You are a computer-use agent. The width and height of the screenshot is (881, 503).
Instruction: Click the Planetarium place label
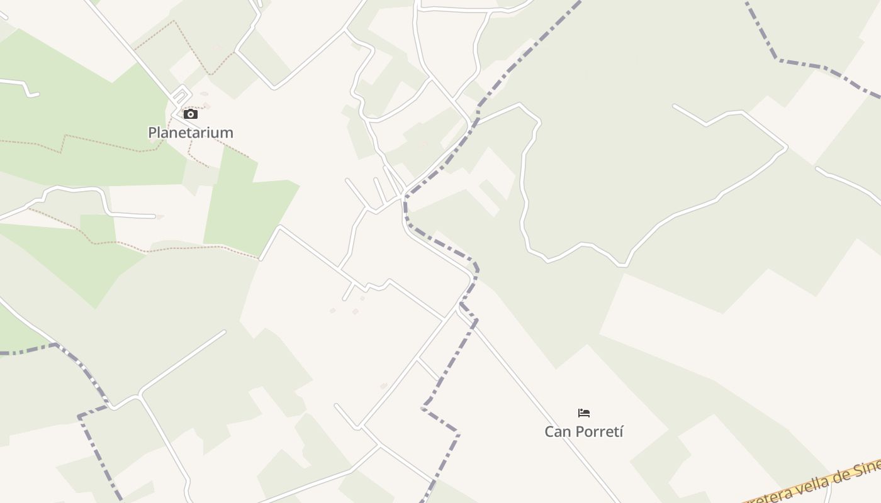point(190,133)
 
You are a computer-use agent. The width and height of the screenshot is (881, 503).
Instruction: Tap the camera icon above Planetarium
point(190,114)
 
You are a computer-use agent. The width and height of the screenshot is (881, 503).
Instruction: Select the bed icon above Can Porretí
point(584,413)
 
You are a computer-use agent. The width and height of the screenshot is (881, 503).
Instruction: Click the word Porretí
point(598,432)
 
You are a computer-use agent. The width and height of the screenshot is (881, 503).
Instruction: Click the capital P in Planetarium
point(152,133)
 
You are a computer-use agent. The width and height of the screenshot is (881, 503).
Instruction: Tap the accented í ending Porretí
point(620,432)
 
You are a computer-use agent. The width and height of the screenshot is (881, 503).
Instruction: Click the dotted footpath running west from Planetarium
point(94,144)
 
